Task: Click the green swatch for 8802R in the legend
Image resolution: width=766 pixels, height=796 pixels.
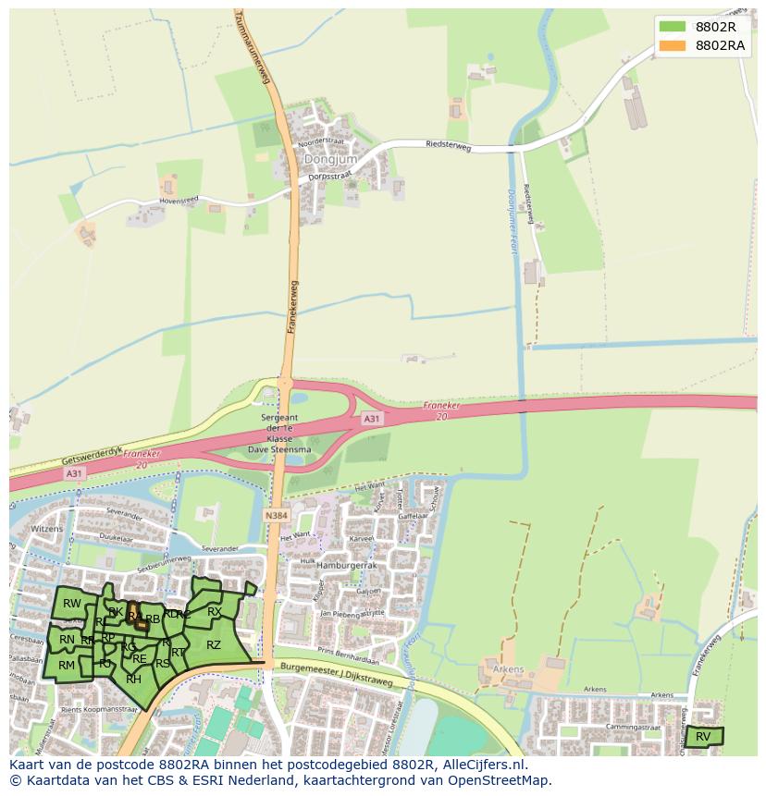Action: (672, 26)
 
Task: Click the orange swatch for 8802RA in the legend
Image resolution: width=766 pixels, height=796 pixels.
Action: (672, 45)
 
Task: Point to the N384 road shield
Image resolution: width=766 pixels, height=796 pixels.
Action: (275, 515)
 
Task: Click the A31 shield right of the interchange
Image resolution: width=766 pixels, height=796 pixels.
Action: (371, 419)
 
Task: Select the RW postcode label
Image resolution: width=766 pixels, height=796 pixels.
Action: (72, 604)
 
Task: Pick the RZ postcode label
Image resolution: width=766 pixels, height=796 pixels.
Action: (214, 645)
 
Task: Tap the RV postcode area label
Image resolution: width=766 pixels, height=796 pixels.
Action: (703, 737)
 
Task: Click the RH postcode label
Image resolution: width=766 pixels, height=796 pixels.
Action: (133, 679)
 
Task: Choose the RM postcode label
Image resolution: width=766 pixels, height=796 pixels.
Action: (67, 665)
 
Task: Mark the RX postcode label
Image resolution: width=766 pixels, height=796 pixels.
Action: (214, 612)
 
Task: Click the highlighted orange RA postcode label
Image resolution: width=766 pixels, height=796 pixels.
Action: (134, 616)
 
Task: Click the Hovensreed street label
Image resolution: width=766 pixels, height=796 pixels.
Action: (179, 198)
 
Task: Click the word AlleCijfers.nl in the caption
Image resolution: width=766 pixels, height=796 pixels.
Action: (484, 765)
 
